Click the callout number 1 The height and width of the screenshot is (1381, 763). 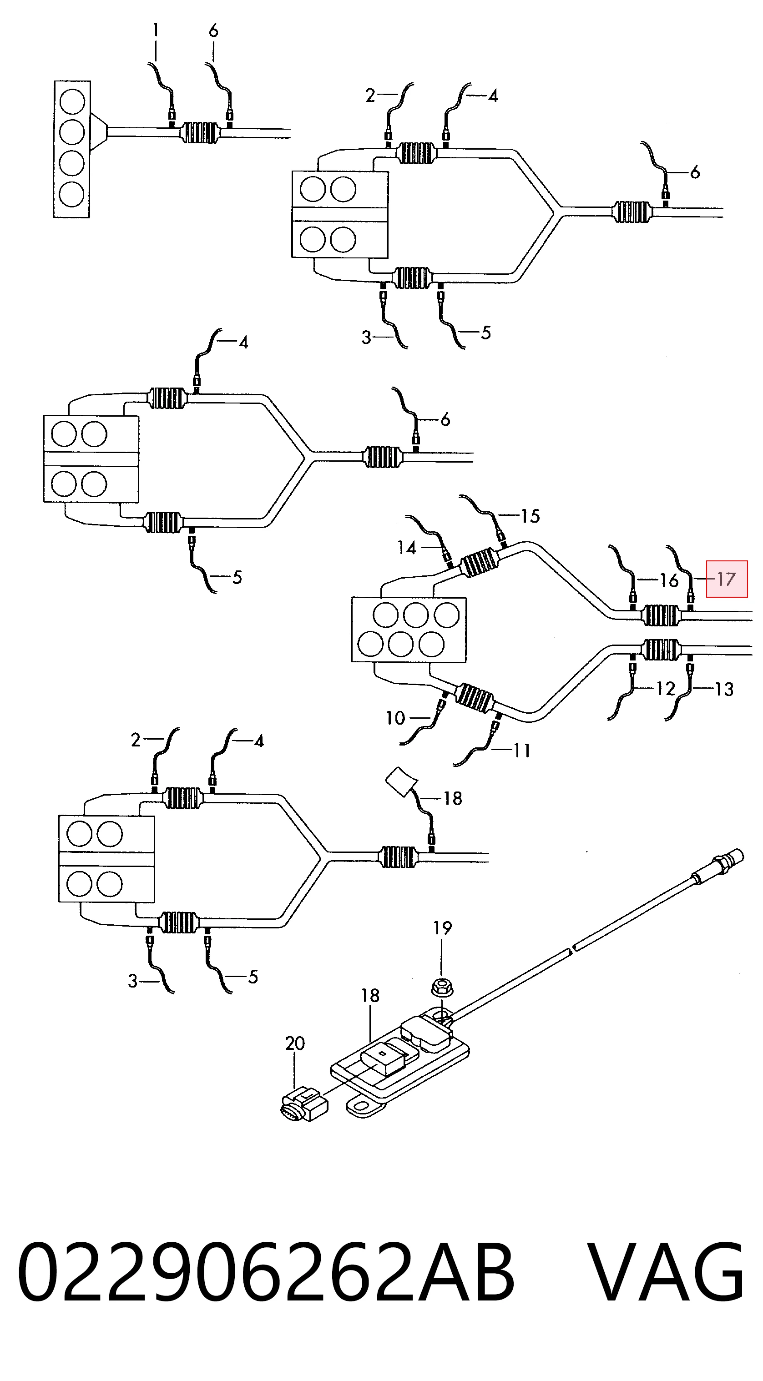point(156,30)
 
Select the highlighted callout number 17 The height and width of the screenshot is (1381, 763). point(727,579)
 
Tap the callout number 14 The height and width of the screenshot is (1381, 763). point(407,547)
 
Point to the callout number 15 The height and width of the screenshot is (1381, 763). point(531,516)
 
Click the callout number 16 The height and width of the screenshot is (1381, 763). point(669,580)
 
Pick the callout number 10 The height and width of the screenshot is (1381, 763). point(396,718)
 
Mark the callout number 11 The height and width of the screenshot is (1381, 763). point(522,751)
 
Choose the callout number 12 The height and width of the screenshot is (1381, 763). point(666,688)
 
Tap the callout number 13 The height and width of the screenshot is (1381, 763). point(724,689)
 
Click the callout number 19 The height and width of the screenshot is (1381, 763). point(442,927)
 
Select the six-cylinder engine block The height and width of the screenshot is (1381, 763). point(409,630)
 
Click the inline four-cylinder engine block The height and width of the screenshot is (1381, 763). point(72,149)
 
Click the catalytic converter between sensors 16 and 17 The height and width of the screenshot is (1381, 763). point(661,615)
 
